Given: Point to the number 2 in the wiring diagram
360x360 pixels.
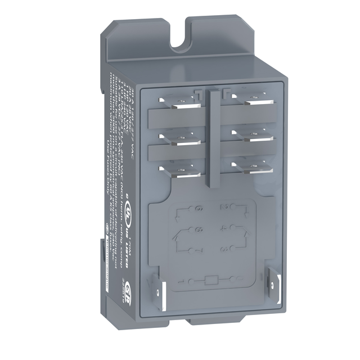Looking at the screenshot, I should [x=224, y=208].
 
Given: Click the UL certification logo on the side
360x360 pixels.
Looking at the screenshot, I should [x=130, y=215].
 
